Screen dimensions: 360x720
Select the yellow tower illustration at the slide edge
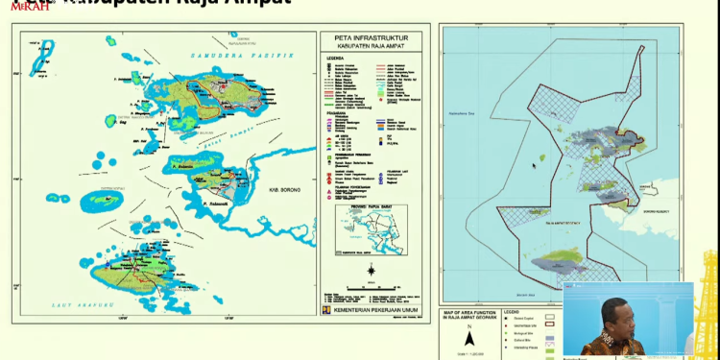point(708,307)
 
